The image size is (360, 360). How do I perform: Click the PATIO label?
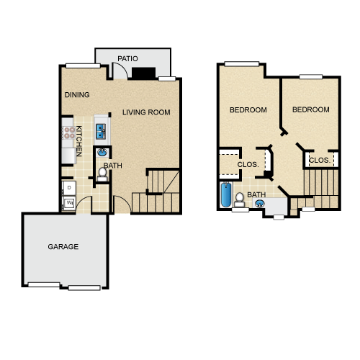[127, 58]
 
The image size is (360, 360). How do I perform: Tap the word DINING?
[77, 95]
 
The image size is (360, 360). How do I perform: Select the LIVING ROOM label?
[146, 112]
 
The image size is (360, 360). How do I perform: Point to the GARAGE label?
[63, 247]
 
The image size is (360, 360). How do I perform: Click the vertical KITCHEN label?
[79, 141]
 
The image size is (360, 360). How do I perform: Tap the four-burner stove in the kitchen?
[69, 132]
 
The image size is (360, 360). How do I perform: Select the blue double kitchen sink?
[101, 131]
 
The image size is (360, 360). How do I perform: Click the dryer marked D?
[69, 188]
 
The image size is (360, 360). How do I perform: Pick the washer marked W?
[69, 203]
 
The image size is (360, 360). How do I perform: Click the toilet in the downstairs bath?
[102, 174]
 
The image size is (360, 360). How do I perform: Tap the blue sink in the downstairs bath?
[102, 152]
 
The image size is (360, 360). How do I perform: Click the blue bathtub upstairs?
[226, 194]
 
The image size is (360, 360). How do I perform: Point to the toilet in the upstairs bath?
[239, 199]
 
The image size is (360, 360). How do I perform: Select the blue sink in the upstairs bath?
[260, 204]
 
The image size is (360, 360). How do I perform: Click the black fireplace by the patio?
[143, 73]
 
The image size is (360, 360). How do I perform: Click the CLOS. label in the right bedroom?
[320, 160]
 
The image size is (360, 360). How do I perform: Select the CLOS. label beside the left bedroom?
[248, 165]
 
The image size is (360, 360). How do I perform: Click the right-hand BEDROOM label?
[311, 109]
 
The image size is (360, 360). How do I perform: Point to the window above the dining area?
[83, 66]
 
